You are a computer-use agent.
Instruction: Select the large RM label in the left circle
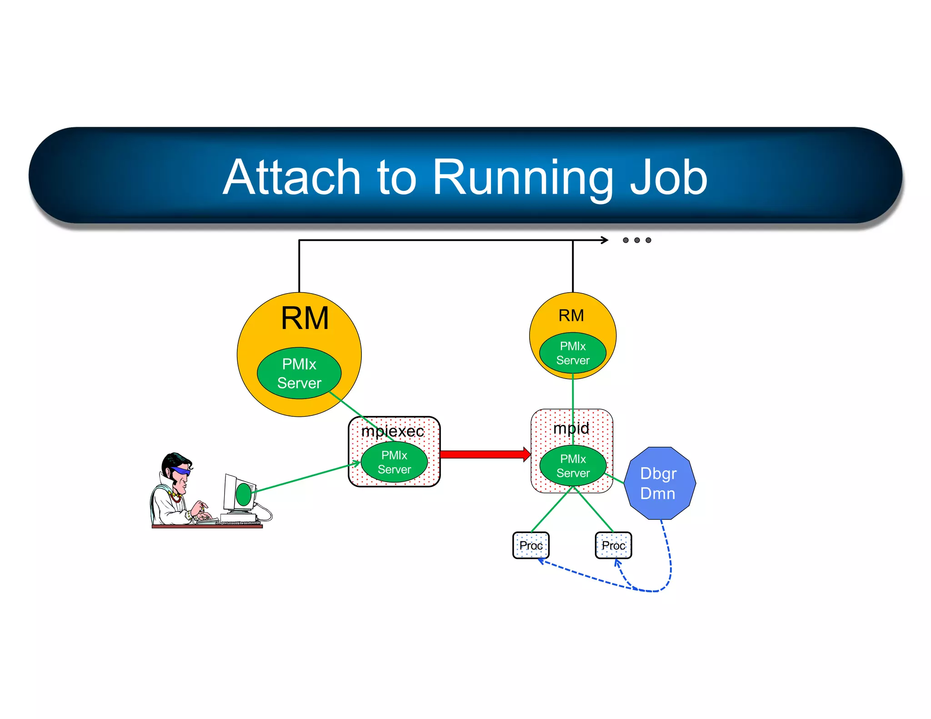pyautogui.click(x=305, y=318)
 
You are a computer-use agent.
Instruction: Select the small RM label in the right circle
pyautogui.click(x=571, y=315)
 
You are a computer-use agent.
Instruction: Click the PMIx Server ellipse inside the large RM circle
pyautogui.click(x=299, y=373)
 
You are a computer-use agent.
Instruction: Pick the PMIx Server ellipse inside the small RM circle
pyautogui.click(x=573, y=353)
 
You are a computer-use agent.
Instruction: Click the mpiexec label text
pyautogui.click(x=392, y=431)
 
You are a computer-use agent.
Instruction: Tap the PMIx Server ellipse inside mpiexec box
pyautogui.click(x=394, y=462)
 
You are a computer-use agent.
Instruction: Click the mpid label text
pyautogui.click(x=571, y=428)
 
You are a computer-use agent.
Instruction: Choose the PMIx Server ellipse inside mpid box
pyautogui.click(x=573, y=466)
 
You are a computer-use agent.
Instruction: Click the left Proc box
pyautogui.click(x=531, y=545)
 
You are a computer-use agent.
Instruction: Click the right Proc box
pyautogui.click(x=613, y=545)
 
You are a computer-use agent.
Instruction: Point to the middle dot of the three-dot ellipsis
pyautogui.click(x=637, y=240)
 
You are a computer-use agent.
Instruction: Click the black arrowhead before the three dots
pyautogui.click(x=605, y=240)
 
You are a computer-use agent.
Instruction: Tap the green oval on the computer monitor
pyautogui.click(x=244, y=494)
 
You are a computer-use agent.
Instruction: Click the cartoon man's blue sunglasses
pyautogui.click(x=180, y=471)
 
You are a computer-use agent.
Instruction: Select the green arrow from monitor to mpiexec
pyautogui.click(x=305, y=478)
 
